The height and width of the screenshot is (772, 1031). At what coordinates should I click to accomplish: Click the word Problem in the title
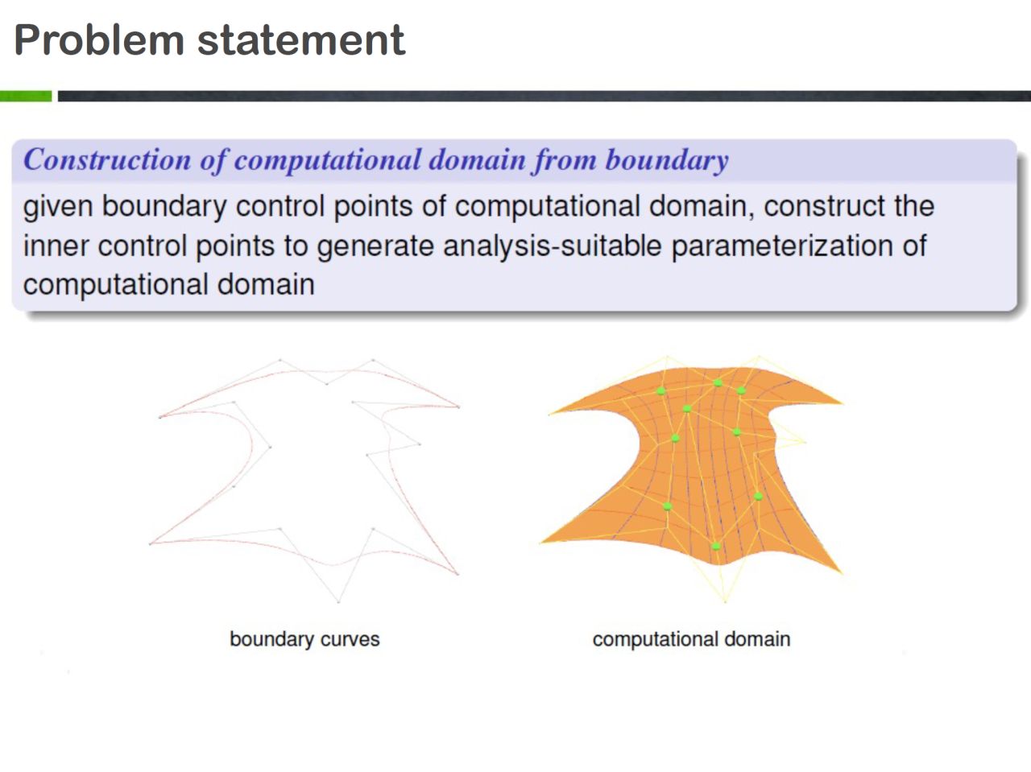pyautogui.click(x=99, y=40)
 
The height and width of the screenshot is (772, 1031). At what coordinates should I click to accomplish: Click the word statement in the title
pyautogui.click(x=301, y=40)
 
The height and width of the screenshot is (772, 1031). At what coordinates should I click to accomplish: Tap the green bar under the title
pyautogui.click(x=26, y=96)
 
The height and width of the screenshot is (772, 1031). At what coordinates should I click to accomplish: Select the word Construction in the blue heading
pyautogui.click(x=107, y=159)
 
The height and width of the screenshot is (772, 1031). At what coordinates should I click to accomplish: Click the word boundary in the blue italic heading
pyautogui.click(x=667, y=160)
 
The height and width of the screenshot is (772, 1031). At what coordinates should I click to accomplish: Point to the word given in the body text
pyautogui.click(x=58, y=208)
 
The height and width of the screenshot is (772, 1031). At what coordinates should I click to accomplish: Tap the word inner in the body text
pyautogui.click(x=56, y=246)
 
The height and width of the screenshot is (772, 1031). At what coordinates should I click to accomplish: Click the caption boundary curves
pyautogui.click(x=304, y=639)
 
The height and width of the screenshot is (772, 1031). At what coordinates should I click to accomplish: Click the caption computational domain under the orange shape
pyautogui.click(x=691, y=639)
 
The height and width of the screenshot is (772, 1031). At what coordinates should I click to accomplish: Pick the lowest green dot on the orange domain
pyautogui.click(x=716, y=547)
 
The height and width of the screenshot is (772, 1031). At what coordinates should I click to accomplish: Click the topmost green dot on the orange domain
pyautogui.click(x=718, y=383)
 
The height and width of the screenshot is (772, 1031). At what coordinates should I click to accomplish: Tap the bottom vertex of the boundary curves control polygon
pyautogui.click(x=338, y=601)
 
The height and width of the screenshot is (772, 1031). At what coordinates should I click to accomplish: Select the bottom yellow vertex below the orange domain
pyautogui.click(x=725, y=601)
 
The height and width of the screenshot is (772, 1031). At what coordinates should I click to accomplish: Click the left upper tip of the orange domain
pyautogui.click(x=549, y=414)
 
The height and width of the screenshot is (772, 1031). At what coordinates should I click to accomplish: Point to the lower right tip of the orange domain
pyautogui.click(x=843, y=573)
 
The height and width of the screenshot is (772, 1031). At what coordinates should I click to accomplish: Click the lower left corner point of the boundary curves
pyautogui.click(x=151, y=544)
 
